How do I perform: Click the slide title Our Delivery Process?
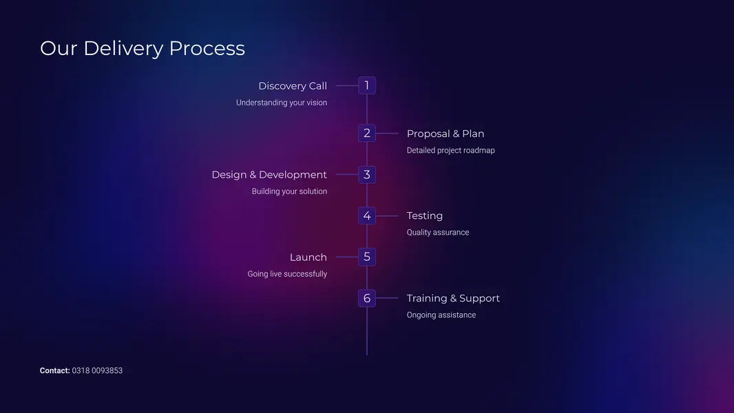143,48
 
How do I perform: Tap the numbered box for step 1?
367,85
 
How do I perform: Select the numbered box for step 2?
367,134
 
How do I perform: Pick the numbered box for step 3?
367,175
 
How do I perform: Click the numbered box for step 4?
367,216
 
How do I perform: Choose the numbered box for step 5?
367,257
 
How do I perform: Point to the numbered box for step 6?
367,299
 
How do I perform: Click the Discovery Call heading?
293,86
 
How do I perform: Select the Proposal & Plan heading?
445,134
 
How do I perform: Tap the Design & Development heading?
269,175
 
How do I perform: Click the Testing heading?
425,216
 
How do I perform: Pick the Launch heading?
308,257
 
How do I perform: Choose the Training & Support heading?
453,299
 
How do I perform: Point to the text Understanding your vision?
282,103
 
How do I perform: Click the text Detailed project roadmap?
450,150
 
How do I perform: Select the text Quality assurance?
438,233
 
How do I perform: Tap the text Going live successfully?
287,274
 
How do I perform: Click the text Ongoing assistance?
441,315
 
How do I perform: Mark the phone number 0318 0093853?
97,370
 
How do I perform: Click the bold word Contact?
54,370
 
